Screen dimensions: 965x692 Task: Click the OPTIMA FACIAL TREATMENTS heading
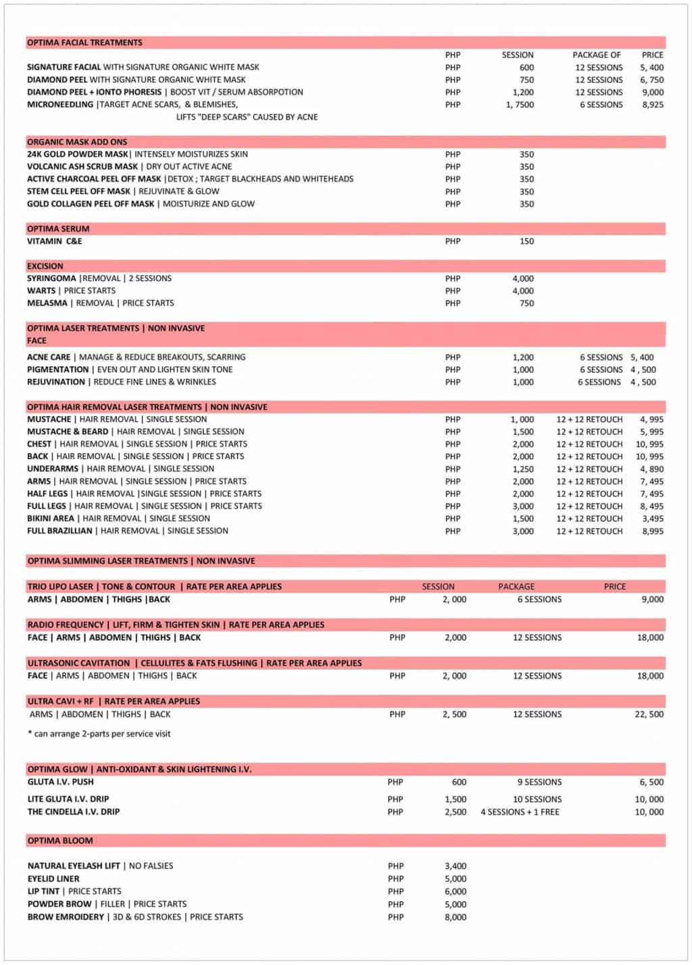pos(84,43)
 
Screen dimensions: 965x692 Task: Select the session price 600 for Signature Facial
pos(526,68)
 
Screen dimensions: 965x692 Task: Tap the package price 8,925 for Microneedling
pos(652,105)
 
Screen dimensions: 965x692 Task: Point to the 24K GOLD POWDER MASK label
pos(78,154)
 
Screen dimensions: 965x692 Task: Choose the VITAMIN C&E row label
pos(55,241)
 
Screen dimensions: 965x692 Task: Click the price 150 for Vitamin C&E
pos(526,241)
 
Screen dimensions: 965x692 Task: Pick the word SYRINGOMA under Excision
pos(51,278)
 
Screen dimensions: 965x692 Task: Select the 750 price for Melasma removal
pos(526,303)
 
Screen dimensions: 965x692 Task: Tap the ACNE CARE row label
pos(49,357)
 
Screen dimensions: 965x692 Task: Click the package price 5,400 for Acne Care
pos(642,357)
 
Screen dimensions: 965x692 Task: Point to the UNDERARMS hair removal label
pos(53,469)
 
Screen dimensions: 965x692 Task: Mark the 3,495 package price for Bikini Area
pos(652,519)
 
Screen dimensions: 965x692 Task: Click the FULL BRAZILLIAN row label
pos(59,531)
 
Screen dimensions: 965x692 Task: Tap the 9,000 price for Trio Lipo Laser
pos(652,600)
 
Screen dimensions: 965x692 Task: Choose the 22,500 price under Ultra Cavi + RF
pos(649,714)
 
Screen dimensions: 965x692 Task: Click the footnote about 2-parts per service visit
pos(99,734)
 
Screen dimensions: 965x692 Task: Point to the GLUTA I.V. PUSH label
pos(61,782)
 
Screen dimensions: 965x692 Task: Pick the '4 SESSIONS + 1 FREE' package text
pos(520,812)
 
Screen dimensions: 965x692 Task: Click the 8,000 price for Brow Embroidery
pos(455,917)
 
